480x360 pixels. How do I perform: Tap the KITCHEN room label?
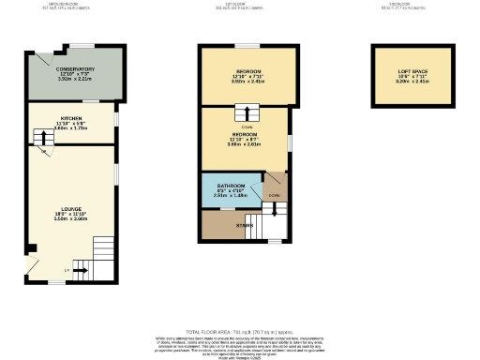tap(71, 118)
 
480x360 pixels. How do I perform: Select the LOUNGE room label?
tap(71, 208)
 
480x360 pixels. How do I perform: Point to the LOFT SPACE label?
tap(408, 71)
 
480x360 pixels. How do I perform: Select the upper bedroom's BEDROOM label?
tap(247, 71)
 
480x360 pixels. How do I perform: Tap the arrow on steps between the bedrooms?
tap(247, 114)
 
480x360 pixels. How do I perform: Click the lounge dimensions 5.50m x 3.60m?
tap(71, 217)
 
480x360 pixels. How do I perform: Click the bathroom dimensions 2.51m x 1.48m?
tap(228, 196)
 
